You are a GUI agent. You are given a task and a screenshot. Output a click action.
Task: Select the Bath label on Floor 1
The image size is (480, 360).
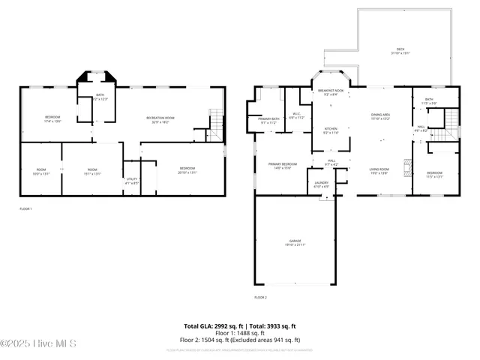pyautogui.click(x=100, y=97)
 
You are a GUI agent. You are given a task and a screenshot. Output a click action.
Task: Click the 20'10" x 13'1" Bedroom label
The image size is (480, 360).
pyautogui.click(x=187, y=170)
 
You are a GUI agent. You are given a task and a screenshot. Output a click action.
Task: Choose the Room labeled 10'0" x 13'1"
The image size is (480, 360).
pyautogui.click(x=41, y=171)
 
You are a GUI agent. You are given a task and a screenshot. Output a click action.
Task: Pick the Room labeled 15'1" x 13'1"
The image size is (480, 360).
pyautogui.click(x=92, y=171)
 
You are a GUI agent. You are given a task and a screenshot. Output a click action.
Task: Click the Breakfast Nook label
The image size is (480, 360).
pyautogui.click(x=330, y=92)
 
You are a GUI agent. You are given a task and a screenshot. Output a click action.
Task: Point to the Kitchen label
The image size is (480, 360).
pyautogui.click(x=331, y=130)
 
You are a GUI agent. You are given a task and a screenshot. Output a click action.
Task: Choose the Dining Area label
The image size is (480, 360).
pyautogui.click(x=381, y=116)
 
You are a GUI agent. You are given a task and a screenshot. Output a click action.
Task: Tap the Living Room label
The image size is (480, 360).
pyautogui.click(x=379, y=171)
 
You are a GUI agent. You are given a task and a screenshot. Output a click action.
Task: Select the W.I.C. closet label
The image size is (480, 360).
pyautogui.click(x=296, y=116)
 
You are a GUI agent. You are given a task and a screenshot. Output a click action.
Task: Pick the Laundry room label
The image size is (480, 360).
pyautogui.click(x=321, y=184)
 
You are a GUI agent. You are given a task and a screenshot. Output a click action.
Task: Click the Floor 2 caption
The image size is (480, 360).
pyautogui.click(x=260, y=298)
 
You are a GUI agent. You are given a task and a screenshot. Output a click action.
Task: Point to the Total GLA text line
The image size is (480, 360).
pyautogui.click(x=240, y=326)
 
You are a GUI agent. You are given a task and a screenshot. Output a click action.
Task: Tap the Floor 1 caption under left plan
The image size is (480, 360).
pyautogui.click(x=25, y=208)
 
